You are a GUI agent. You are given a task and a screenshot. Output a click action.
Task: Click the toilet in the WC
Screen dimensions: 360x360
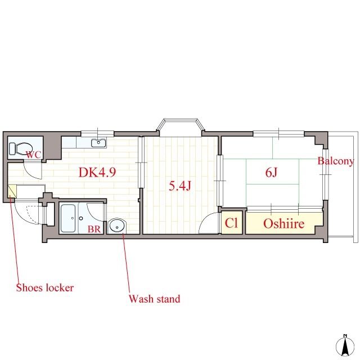click(20, 148)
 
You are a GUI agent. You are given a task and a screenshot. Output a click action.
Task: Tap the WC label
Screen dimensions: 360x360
click(33, 155)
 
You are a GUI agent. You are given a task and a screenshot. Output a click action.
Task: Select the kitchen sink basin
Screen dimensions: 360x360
click(99, 142)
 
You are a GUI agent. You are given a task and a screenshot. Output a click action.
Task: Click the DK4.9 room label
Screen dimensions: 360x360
click(97, 172)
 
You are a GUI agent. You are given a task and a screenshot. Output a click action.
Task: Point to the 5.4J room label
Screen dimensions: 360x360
click(180, 186)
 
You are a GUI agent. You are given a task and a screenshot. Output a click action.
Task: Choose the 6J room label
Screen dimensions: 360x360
click(271, 172)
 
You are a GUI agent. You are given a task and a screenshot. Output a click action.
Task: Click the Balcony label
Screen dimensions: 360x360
click(335, 161)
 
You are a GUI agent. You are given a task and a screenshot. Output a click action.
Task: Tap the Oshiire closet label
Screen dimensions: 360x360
click(283, 223)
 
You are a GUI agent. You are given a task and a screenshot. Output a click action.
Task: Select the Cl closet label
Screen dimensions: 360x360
click(231, 223)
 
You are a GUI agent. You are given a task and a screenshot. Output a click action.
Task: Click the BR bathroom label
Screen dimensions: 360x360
click(94, 229)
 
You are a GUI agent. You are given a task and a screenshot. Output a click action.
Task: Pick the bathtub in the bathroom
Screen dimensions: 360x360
click(68, 218)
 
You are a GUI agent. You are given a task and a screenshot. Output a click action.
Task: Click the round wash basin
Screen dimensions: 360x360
click(117, 226)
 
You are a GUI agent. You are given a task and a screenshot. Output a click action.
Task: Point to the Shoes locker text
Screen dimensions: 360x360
click(45, 287)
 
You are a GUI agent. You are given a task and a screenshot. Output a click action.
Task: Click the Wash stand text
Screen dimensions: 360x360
click(154, 299)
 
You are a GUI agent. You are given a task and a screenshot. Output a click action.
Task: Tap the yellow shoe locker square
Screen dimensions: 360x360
click(12, 191)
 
